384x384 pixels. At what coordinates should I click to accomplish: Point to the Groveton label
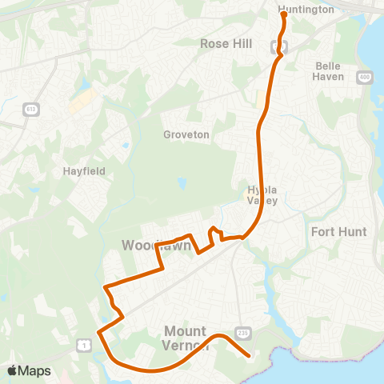[x=186, y=134]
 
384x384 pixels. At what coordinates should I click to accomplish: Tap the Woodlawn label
[x=156, y=244]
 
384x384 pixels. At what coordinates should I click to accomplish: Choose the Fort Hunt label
[x=338, y=232]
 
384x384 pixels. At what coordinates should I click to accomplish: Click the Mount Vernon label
[x=186, y=337]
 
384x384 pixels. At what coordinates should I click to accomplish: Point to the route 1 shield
[x=82, y=344]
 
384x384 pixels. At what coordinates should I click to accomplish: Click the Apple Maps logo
[x=28, y=370]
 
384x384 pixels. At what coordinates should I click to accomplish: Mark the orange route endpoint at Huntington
[x=283, y=14]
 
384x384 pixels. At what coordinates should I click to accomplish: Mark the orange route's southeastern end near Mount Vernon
[x=250, y=356]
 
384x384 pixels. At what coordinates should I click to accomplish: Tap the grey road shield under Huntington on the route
[x=282, y=46]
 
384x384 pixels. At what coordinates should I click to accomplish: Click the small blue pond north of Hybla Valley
[x=182, y=183]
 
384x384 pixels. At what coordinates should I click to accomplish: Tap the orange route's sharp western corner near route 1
[x=98, y=332]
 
